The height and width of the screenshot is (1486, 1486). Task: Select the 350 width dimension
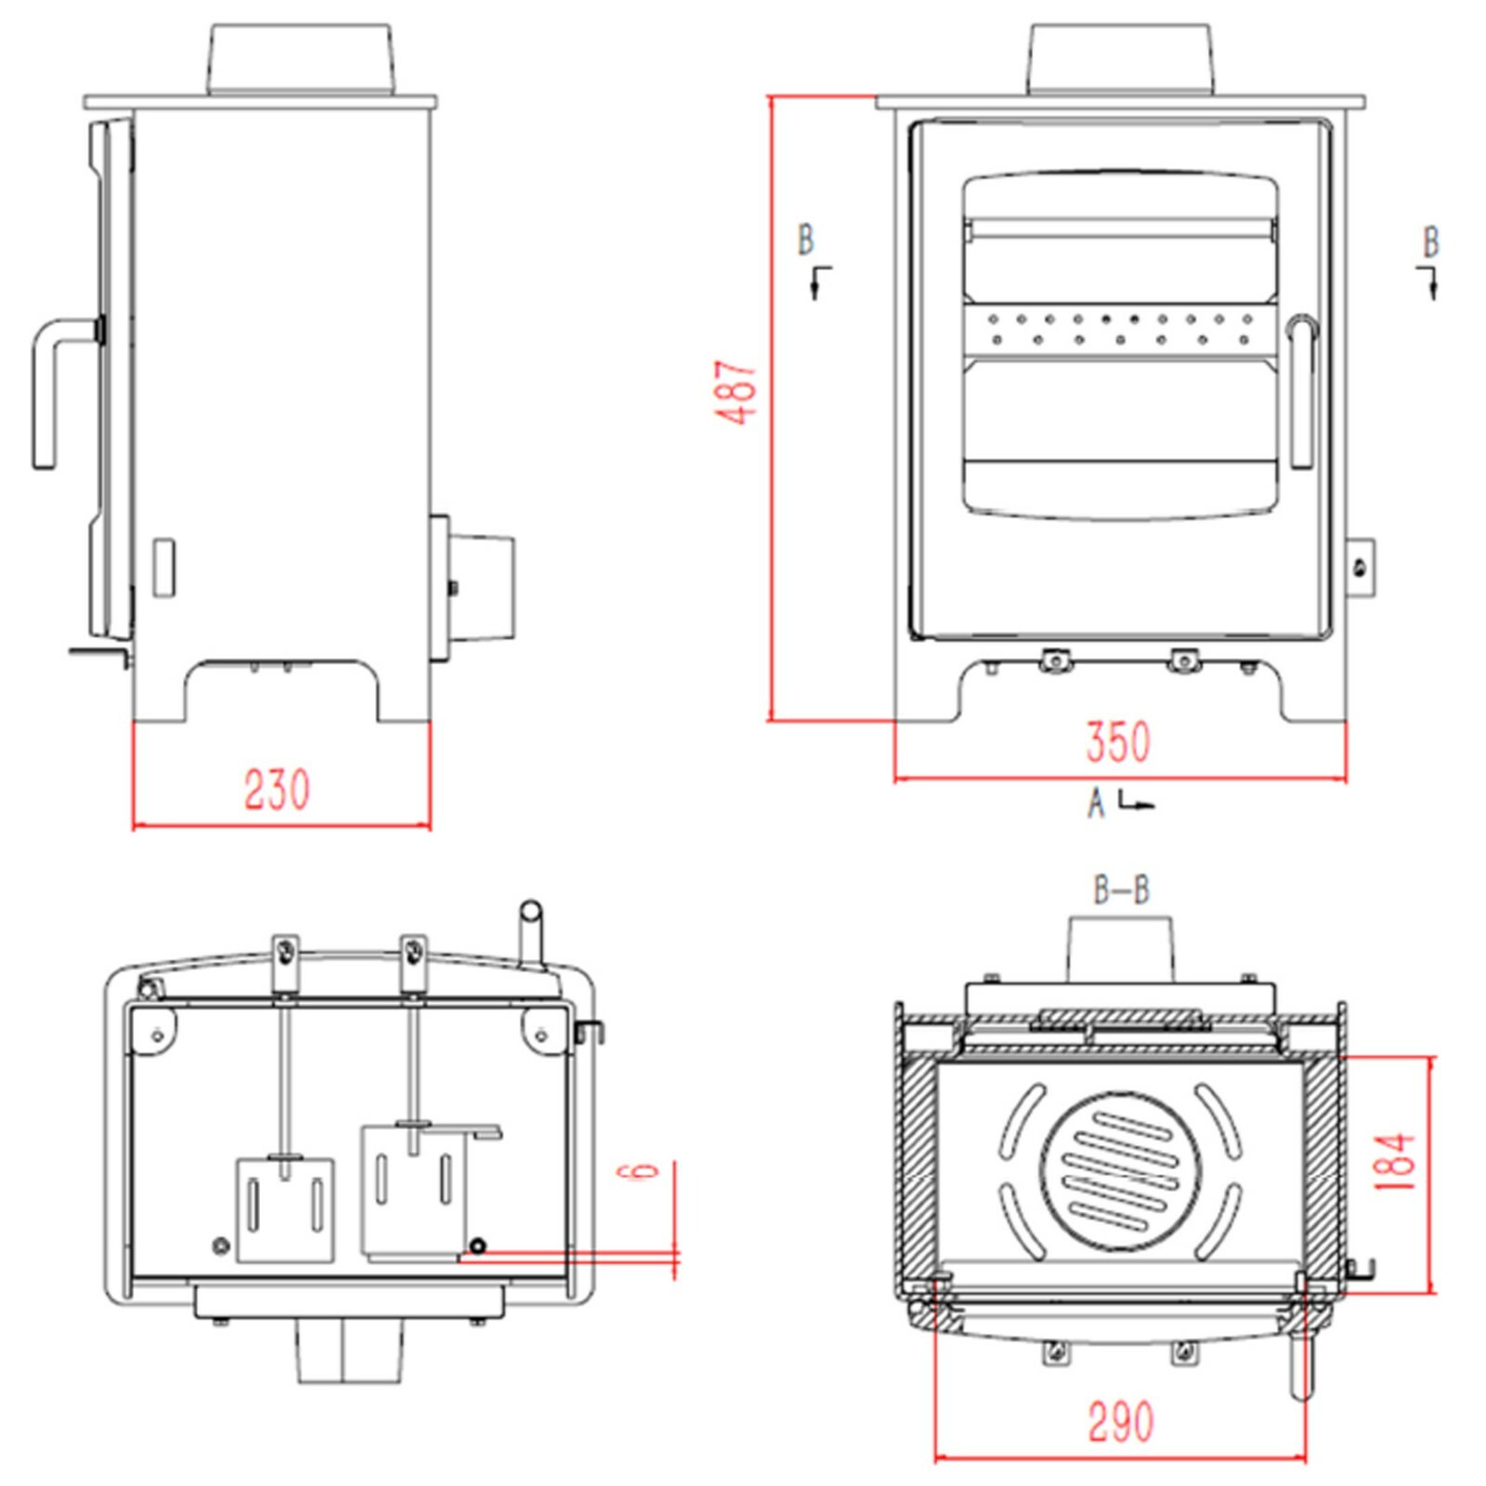(1118, 741)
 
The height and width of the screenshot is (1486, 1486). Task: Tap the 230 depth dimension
(277, 789)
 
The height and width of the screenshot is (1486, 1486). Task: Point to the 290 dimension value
(1120, 1422)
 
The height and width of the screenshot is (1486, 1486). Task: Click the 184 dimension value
(1396, 1161)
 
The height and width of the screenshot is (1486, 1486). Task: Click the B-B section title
(1121, 890)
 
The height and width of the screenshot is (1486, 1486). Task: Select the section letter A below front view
(1097, 802)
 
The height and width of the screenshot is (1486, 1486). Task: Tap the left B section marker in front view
(806, 240)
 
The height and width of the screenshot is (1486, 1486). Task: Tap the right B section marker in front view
(1431, 243)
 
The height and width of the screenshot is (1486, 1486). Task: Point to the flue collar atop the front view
(1120, 59)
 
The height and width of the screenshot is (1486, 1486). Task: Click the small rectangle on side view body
(163, 567)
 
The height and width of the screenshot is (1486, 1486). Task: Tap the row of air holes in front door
(1120, 330)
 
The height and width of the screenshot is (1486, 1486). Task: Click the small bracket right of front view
(1361, 567)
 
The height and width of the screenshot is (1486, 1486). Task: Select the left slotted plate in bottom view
(285, 1209)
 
